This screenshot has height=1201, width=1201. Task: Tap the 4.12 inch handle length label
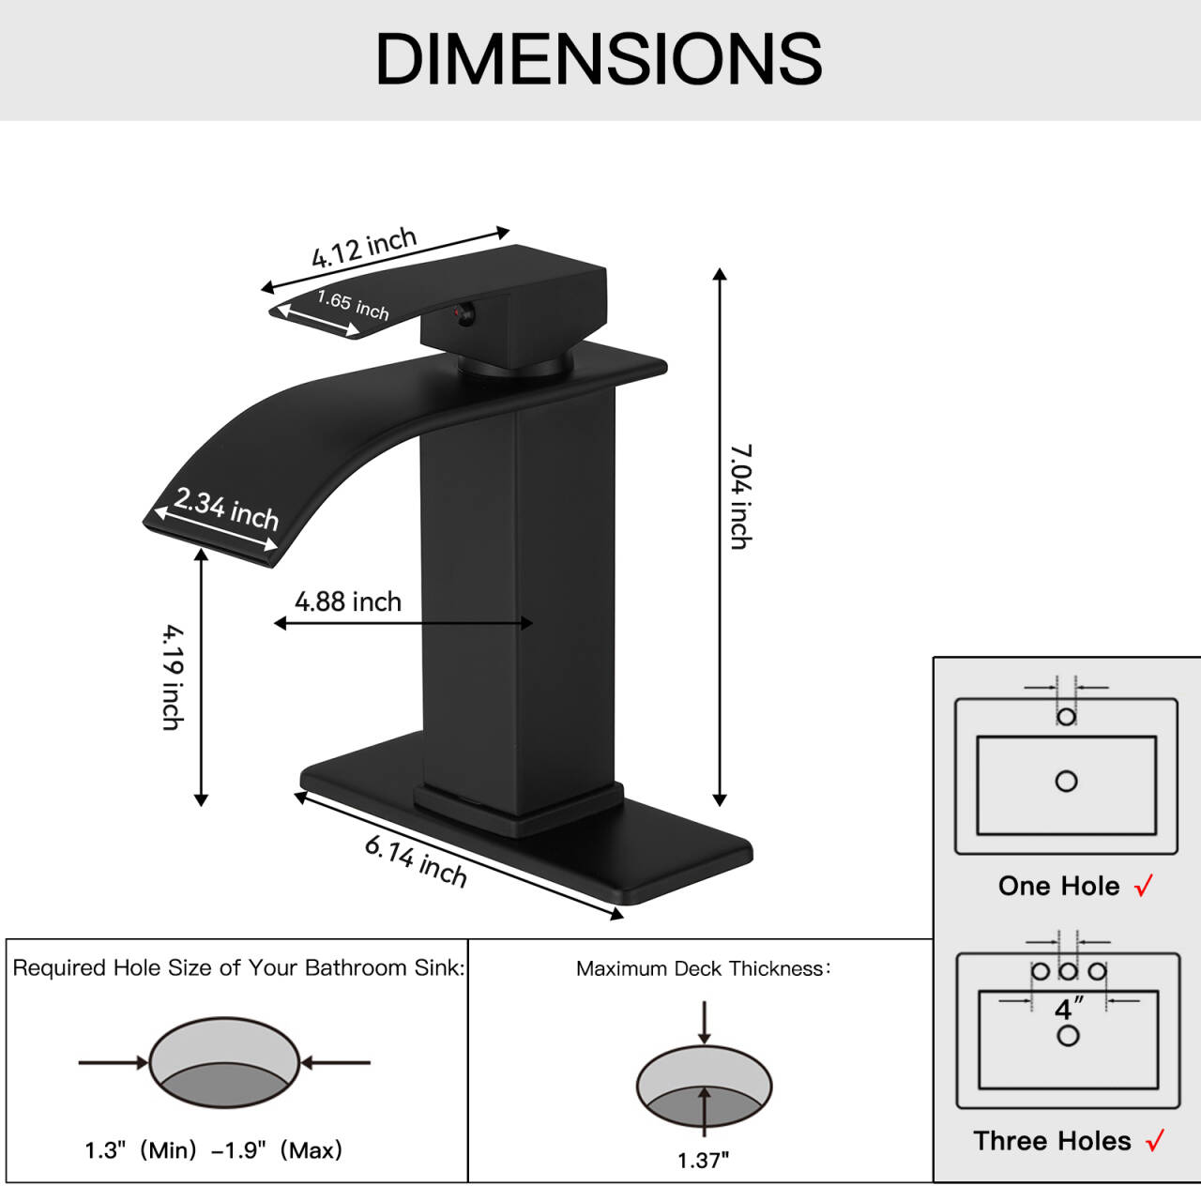pyautogui.click(x=364, y=248)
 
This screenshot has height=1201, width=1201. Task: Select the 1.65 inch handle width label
pyautogui.click(x=353, y=304)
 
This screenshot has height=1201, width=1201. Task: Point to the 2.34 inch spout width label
pyautogui.click(x=226, y=509)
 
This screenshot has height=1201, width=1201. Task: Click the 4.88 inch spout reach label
pyautogui.click(x=348, y=601)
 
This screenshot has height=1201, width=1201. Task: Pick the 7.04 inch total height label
pyautogui.click(x=741, y=496)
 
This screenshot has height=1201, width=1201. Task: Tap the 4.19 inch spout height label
pyautogui.click(x=172, y=677)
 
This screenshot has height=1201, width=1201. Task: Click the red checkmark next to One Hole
pyautogui.click(x=1144, y=886)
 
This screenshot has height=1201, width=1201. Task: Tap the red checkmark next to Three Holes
pyautogui.click(x=1155, y=1140)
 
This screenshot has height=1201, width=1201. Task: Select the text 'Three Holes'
pyautogui.click(x=1052, y=1141)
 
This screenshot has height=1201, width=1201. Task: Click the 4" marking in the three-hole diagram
pyautogui.click(x=1068, y=1009)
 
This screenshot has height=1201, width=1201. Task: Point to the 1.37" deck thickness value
pyautogui.click(x=704, y=1161)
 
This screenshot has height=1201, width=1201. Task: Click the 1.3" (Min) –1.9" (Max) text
pyautogui.click(x=214, y=1150)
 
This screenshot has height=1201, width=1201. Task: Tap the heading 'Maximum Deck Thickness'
pyautogui.click(x=703, y=968)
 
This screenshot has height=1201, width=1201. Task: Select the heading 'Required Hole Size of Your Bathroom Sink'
pyautogui.click(x=238, y=967)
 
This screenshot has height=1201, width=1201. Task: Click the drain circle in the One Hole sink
pyautogui.click(x=1066, y=781)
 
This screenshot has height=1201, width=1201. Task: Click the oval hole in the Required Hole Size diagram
pyautogui.click(x=224, y=1062)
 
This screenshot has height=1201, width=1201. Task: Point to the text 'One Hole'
pyautogui.click(x=1058, y=886)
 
